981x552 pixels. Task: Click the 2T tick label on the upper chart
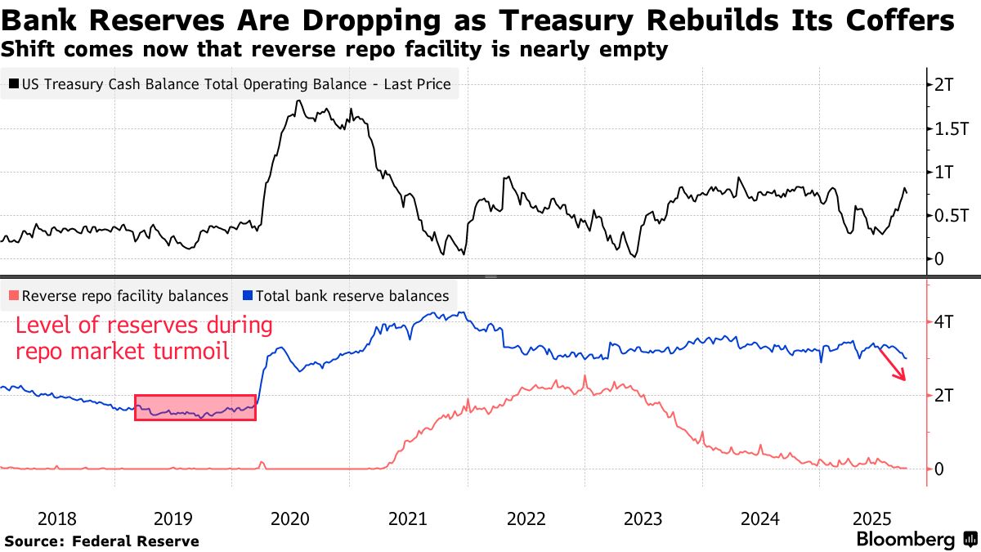946,84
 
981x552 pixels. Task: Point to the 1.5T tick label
951,128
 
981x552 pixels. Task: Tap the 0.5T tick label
951,215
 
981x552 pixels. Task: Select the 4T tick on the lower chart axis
945,321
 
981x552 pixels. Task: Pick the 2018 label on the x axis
56,518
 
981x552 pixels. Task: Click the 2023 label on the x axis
642,518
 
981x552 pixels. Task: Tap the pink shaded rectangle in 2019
195,407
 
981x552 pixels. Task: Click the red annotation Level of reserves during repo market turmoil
144,339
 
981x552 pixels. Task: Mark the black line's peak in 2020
298,101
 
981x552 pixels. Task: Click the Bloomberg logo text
905,539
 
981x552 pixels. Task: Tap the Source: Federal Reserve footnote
101,541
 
